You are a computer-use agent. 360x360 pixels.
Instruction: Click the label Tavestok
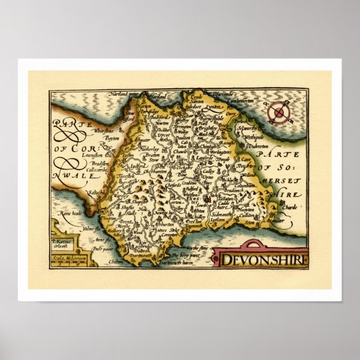pyautogui.click(x=127, y=176)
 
